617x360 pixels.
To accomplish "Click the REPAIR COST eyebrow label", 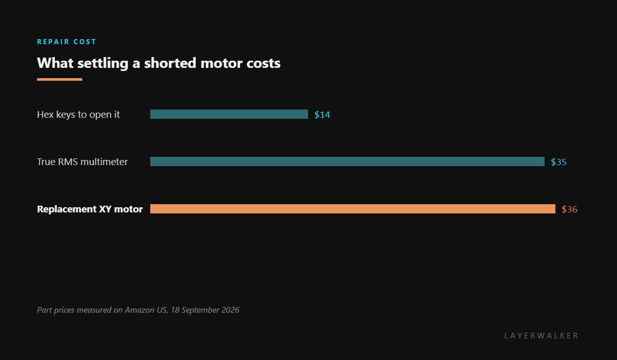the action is pos(66,42).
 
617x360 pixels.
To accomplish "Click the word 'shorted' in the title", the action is pos(170,63).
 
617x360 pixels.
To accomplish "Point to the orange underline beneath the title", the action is pos(60,80).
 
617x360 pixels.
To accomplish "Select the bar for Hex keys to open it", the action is pos(229,114).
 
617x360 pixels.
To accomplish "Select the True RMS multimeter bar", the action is pos(348,161).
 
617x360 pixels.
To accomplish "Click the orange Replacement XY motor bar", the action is pos(353,209).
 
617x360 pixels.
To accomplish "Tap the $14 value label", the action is pos(322,115).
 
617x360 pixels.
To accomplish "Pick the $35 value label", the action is pos(558,162).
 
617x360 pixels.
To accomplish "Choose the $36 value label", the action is pos(569,209).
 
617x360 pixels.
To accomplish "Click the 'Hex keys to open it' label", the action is pos(78,115).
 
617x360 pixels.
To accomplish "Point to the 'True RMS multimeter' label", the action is pos(82,162).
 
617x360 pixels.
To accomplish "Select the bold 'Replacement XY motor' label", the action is pos(90,209).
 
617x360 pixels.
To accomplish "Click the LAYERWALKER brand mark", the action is pos(541,336).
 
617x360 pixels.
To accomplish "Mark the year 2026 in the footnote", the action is pos(230,310).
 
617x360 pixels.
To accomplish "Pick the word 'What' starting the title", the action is pos(55,63).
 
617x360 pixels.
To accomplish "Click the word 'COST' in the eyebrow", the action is pos(84,42).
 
